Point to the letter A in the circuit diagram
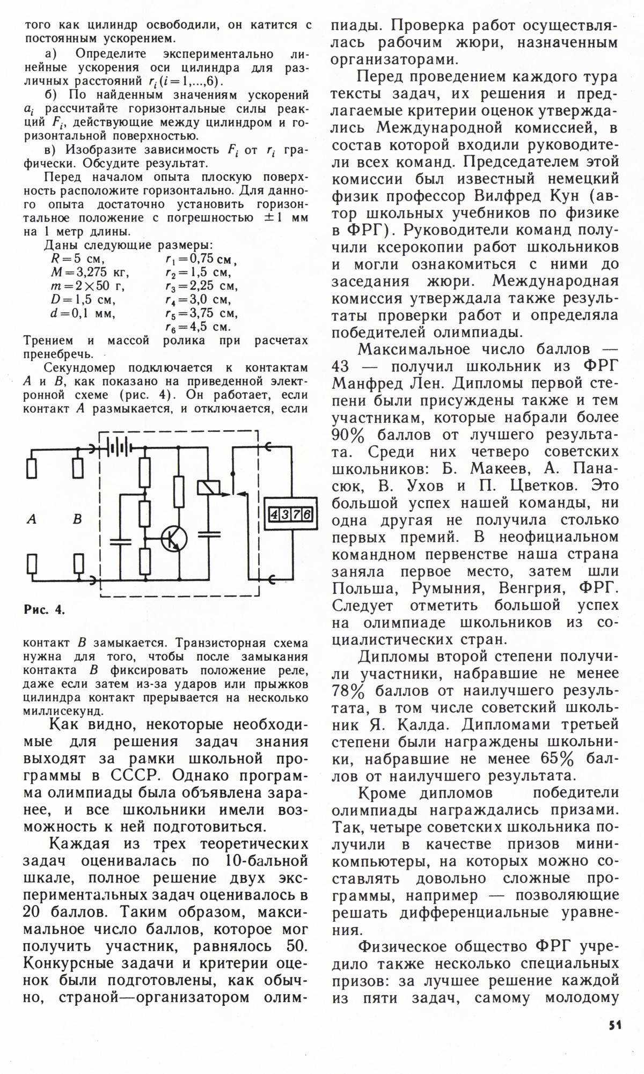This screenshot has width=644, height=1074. coord(32,519)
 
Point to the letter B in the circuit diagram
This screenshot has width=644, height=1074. coord(78,519)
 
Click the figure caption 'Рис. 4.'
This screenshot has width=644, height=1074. coord(44,610)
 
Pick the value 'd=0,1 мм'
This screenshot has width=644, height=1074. coord(83,313)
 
